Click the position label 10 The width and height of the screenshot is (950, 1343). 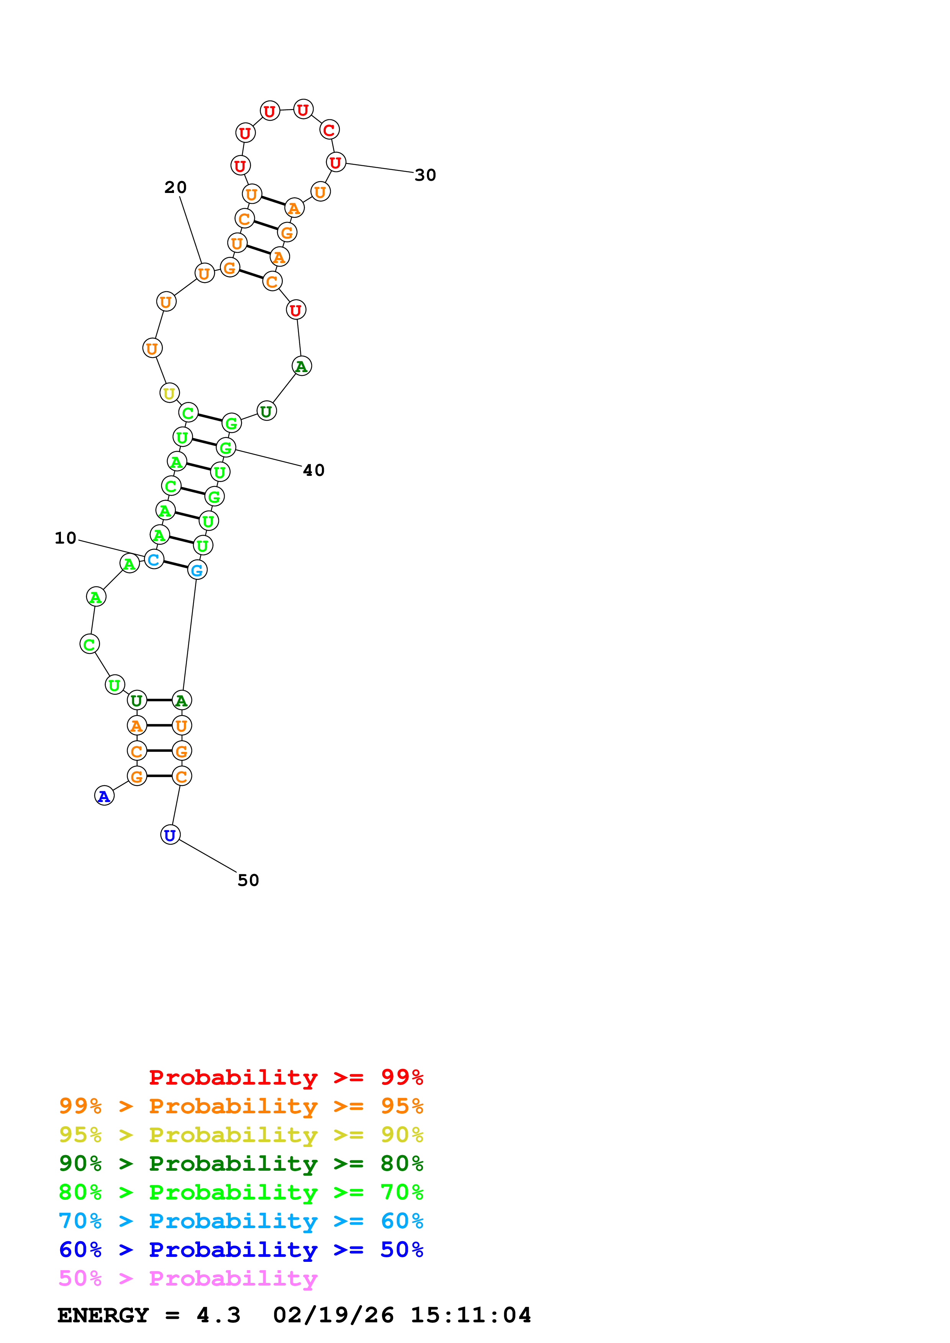coord(66,538)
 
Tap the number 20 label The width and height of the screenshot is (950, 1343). coord(175,187)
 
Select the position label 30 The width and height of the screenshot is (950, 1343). coord(425,175)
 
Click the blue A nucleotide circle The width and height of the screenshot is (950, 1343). coord(104,796)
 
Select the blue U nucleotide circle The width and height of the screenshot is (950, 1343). coord(170,835)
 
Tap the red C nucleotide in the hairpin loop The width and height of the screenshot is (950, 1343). coord(329,130)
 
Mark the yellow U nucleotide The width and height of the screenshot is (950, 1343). coord(169,393)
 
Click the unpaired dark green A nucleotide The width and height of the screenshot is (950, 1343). coord(302,366)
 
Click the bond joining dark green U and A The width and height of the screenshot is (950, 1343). coord(159,700)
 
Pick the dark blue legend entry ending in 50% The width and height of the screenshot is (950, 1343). coord(241,1250)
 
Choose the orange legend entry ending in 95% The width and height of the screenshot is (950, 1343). coord(241,1106)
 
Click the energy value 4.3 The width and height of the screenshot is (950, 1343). coord(218,1315)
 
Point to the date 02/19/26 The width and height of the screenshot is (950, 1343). coord(333,1315)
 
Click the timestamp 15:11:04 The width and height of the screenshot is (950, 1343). coord(471,1315)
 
